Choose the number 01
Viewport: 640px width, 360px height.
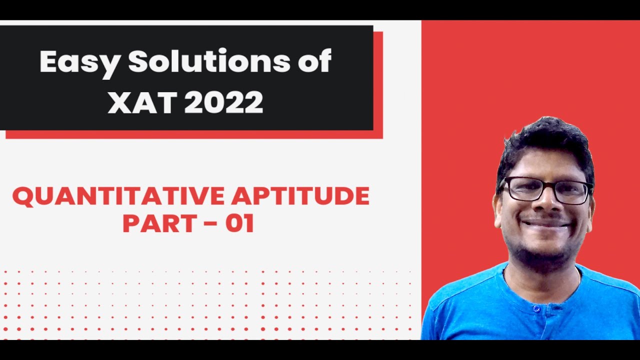(x=239, y=223)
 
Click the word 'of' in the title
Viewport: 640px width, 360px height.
(x=315, y=62)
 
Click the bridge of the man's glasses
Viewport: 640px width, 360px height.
(x=547, y=186)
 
